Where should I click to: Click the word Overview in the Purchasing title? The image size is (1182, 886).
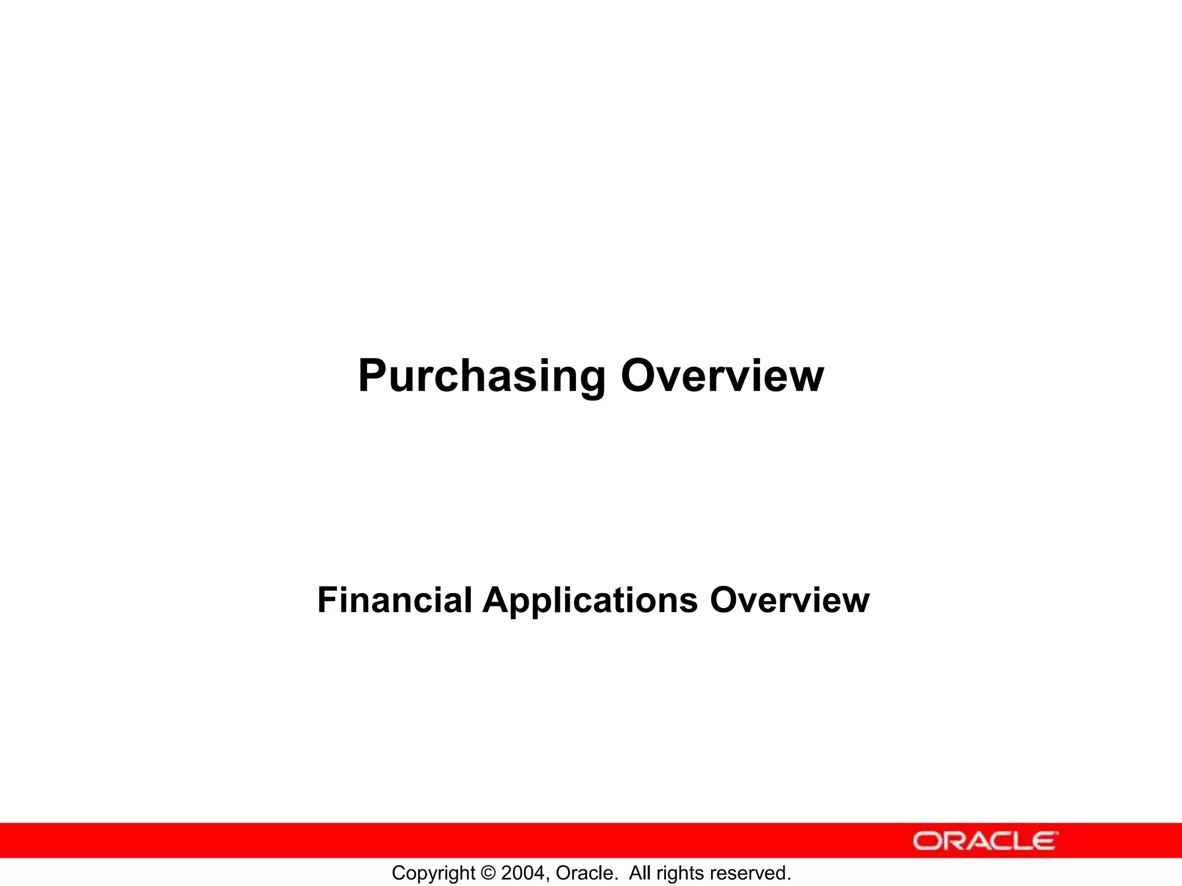tap(722, 377)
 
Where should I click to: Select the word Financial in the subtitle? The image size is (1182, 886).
tap(395, 600)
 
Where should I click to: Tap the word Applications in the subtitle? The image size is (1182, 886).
tap(590, 600)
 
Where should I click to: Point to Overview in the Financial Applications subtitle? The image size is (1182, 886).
tap(789, 600)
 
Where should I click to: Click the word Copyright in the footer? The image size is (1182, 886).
tap(433, 873)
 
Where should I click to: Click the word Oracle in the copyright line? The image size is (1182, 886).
tap(582, 873)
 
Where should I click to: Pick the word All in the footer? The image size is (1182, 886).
tap(640, 873)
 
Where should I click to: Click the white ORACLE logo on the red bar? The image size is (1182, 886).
tap(985, 841)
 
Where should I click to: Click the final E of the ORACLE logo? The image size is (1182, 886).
tap(1045, 841)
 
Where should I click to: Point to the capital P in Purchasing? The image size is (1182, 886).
tap(372, 377)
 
